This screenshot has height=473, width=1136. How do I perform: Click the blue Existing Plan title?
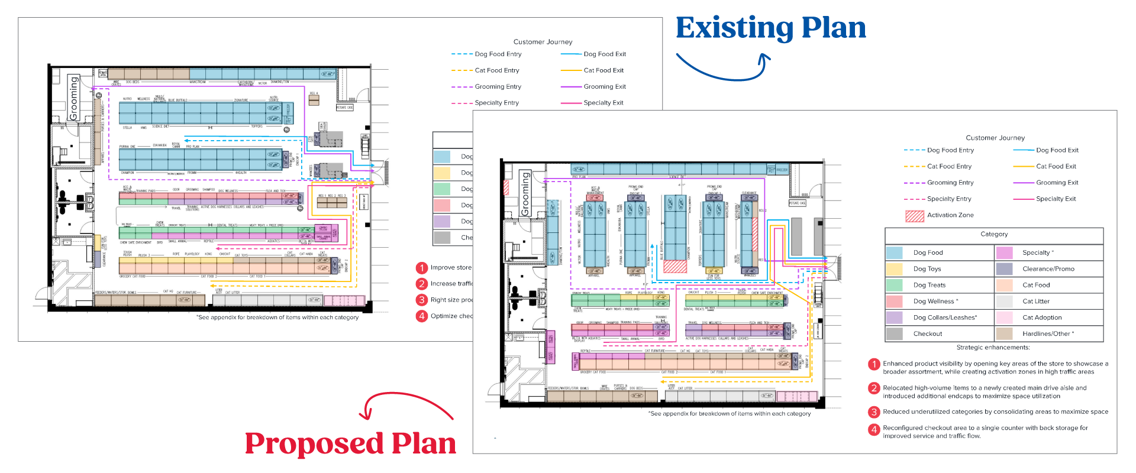[770, 28]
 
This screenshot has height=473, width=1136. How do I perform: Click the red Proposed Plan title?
[350, 443]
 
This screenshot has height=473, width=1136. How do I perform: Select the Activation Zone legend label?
[950, 215]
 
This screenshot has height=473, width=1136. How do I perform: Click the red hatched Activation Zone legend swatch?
[914, 216]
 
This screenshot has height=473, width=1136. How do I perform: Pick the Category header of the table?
[994, 234]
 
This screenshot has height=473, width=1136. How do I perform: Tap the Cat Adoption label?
[1042, 318]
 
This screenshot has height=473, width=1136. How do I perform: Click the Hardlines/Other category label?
[1048, 334]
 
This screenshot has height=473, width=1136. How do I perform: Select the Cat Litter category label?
[1036, 302]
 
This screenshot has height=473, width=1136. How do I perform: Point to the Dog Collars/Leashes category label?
[945, 318]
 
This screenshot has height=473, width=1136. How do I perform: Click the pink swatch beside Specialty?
[1004, 252]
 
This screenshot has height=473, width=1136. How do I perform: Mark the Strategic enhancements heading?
[993, 348]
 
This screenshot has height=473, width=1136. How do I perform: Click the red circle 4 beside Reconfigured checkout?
[874, 430]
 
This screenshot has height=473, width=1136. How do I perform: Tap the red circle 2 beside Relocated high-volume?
[874, 388]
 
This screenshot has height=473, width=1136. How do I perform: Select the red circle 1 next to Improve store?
[422, 268]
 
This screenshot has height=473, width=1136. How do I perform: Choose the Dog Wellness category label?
[935, 302]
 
